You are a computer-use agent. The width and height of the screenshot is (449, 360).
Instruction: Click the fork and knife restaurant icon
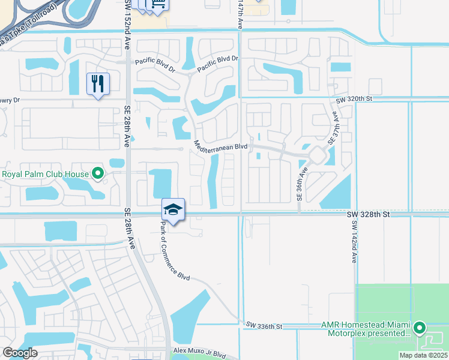[98, 83]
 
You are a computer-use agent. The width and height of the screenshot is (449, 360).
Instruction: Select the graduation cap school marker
[173, 209]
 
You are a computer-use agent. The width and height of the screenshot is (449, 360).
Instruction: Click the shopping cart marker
[158, 4]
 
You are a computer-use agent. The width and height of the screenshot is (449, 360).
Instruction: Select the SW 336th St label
[264, 325]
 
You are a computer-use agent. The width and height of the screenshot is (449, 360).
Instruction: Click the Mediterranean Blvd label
[221, 146]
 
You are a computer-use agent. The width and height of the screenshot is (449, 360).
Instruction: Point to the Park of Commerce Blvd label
[175, 251]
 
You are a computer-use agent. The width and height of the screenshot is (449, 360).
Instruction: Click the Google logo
[20, 353]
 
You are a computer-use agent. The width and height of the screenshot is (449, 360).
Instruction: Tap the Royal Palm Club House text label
[46, 175]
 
